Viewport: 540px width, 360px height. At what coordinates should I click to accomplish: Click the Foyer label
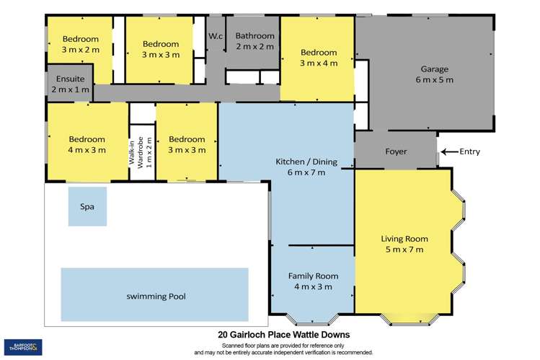click(396, 152)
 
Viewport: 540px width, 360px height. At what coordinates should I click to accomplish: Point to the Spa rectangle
click(87, 206)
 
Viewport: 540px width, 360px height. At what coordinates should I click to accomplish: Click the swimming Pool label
click(154, 296)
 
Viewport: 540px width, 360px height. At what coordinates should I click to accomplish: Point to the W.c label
click(216, 37)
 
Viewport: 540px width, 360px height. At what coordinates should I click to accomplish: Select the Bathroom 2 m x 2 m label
click(254, 41)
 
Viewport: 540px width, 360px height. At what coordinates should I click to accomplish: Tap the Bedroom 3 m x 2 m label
click(80, 45)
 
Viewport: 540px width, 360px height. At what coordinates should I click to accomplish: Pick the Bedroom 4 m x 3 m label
click(87, 144)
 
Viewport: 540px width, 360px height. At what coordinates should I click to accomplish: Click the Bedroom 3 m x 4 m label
click(318, 58)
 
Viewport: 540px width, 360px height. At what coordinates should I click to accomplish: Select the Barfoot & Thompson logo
click(23, 346)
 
